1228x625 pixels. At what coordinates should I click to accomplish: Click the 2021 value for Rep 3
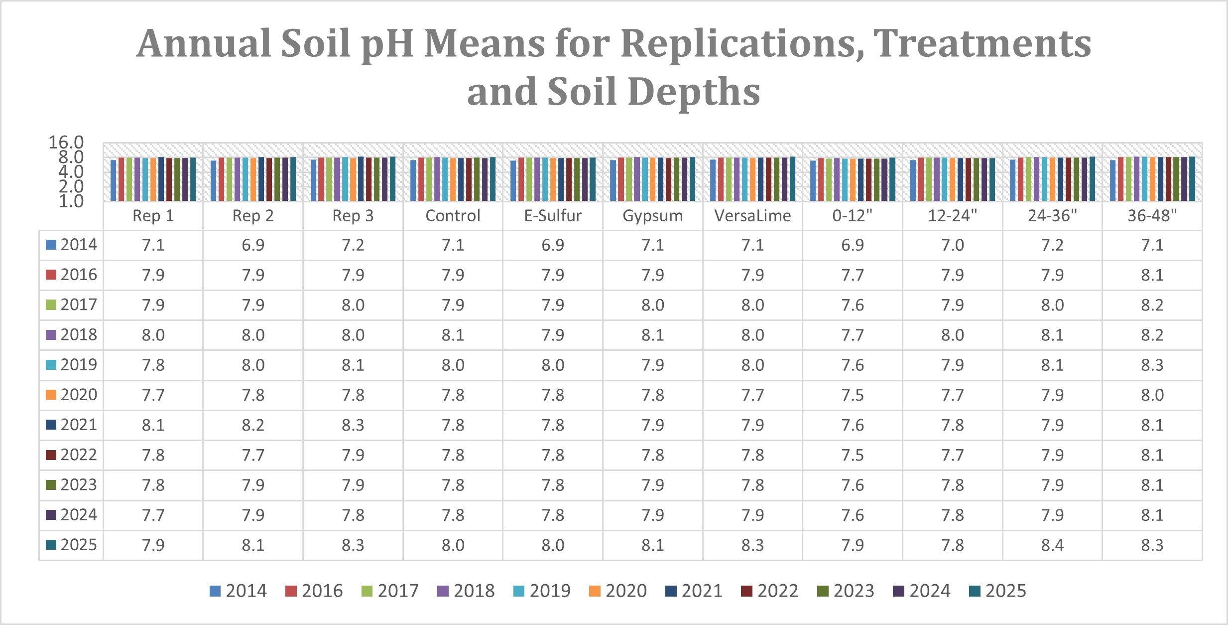[353, 425]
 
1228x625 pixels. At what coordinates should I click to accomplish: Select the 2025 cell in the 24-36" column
[1052, 545]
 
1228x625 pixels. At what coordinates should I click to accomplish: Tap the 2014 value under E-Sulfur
[553, 245]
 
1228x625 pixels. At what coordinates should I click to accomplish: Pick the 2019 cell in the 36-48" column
[1152, 365]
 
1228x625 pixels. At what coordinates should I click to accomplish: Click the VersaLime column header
[752, 216]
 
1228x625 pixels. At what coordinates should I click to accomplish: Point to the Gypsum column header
[652, 216]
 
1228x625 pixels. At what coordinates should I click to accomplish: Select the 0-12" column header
[852, 216]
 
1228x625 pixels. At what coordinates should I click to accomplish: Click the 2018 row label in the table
[78, 334]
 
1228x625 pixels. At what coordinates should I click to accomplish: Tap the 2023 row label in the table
[78, 484]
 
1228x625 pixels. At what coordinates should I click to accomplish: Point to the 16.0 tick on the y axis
[66, 143]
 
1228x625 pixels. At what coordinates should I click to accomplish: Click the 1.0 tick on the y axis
[71, 201]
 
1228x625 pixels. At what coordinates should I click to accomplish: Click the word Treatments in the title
[982, 44]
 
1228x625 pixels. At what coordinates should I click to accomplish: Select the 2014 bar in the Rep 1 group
[114, 180]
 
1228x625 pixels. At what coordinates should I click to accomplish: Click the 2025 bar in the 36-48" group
[1192, 178]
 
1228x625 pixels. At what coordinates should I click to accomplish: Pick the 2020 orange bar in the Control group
[453, 179]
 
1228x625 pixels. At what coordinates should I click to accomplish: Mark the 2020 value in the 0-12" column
[852, 395]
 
